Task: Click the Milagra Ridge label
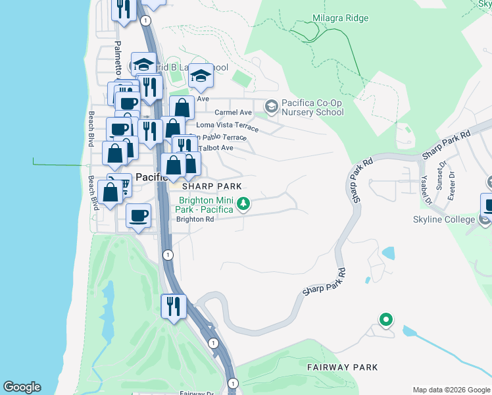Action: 340,18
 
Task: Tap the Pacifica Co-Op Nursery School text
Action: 312,107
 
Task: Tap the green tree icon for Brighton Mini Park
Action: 243,203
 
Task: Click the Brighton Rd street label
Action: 195,219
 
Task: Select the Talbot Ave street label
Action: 216,148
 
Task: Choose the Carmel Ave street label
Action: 234,113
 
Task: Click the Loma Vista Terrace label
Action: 224,125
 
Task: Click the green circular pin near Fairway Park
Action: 386,321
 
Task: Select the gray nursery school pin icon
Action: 270,106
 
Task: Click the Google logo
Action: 22,387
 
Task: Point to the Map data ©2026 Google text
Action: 451,390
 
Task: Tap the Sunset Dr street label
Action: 441,174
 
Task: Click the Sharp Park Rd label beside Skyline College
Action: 447,144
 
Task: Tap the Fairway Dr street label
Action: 197,393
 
